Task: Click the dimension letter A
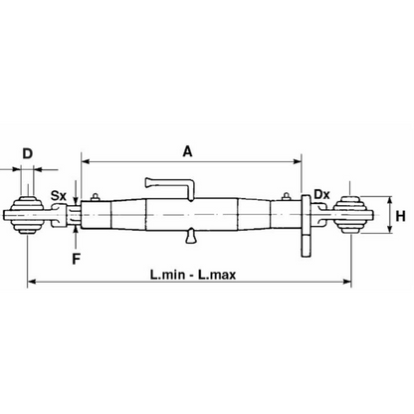point(187,151)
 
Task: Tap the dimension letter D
point(28,154)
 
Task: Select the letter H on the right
point(401,216)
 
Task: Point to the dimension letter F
point(77,259)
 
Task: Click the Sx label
point(59,196)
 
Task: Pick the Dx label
point(321,194)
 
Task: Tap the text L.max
point(217,275)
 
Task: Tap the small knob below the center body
point(191,236)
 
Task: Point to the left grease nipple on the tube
point(96,197)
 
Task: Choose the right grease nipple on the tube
point(286,197)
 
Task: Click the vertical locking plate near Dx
point(306,226)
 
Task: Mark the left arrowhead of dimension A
point(86,161)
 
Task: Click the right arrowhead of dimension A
point(298,161)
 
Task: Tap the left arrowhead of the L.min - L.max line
point(32,282)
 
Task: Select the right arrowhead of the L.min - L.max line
point(347,282)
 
